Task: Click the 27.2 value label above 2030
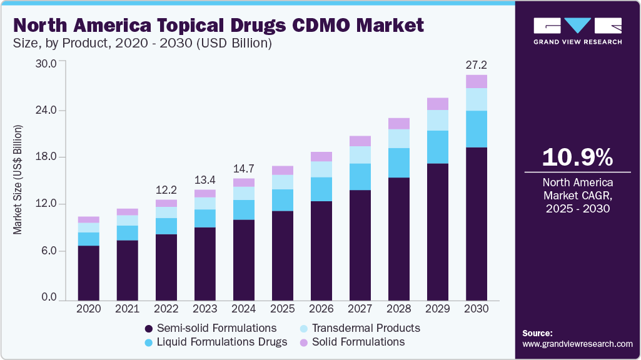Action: coord(476,64)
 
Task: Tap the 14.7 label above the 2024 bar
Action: coord(243,169)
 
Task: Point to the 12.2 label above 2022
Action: coord(166,189)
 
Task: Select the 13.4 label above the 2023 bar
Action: coord(204,180)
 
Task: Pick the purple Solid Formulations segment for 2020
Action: coord(88,219)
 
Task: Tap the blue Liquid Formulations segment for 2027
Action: coord(360,177)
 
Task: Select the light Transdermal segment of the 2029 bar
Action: coord(438,120)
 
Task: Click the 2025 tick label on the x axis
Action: coord(282,309)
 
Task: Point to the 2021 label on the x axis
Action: coord(127,309)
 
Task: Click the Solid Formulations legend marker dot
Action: coord(303,342)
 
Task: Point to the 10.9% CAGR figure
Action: coord(577,157)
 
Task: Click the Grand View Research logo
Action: coord(577,30)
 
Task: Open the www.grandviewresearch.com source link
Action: coord(577,344)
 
